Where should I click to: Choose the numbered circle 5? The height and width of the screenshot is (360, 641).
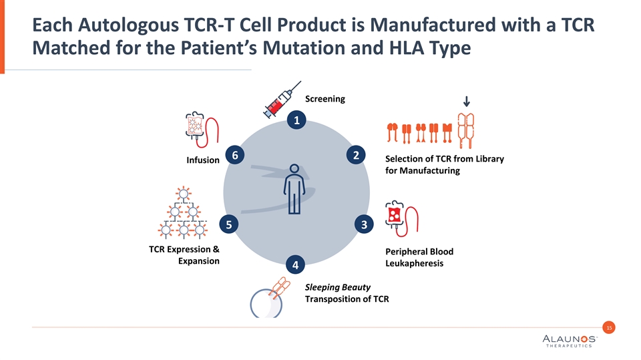click(x=228, y=224)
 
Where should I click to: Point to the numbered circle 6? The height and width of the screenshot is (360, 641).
click(x=234, y=155)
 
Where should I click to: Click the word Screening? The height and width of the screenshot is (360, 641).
click(x=325, y=99)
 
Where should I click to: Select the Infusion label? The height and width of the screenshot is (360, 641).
click(x=203, y=160)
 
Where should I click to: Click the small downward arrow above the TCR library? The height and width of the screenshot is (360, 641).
click(x=466, y=102)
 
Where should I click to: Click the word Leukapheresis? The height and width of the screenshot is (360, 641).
click(x=415, y=264)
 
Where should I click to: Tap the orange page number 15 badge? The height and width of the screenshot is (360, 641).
click(x=608, y=327)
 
